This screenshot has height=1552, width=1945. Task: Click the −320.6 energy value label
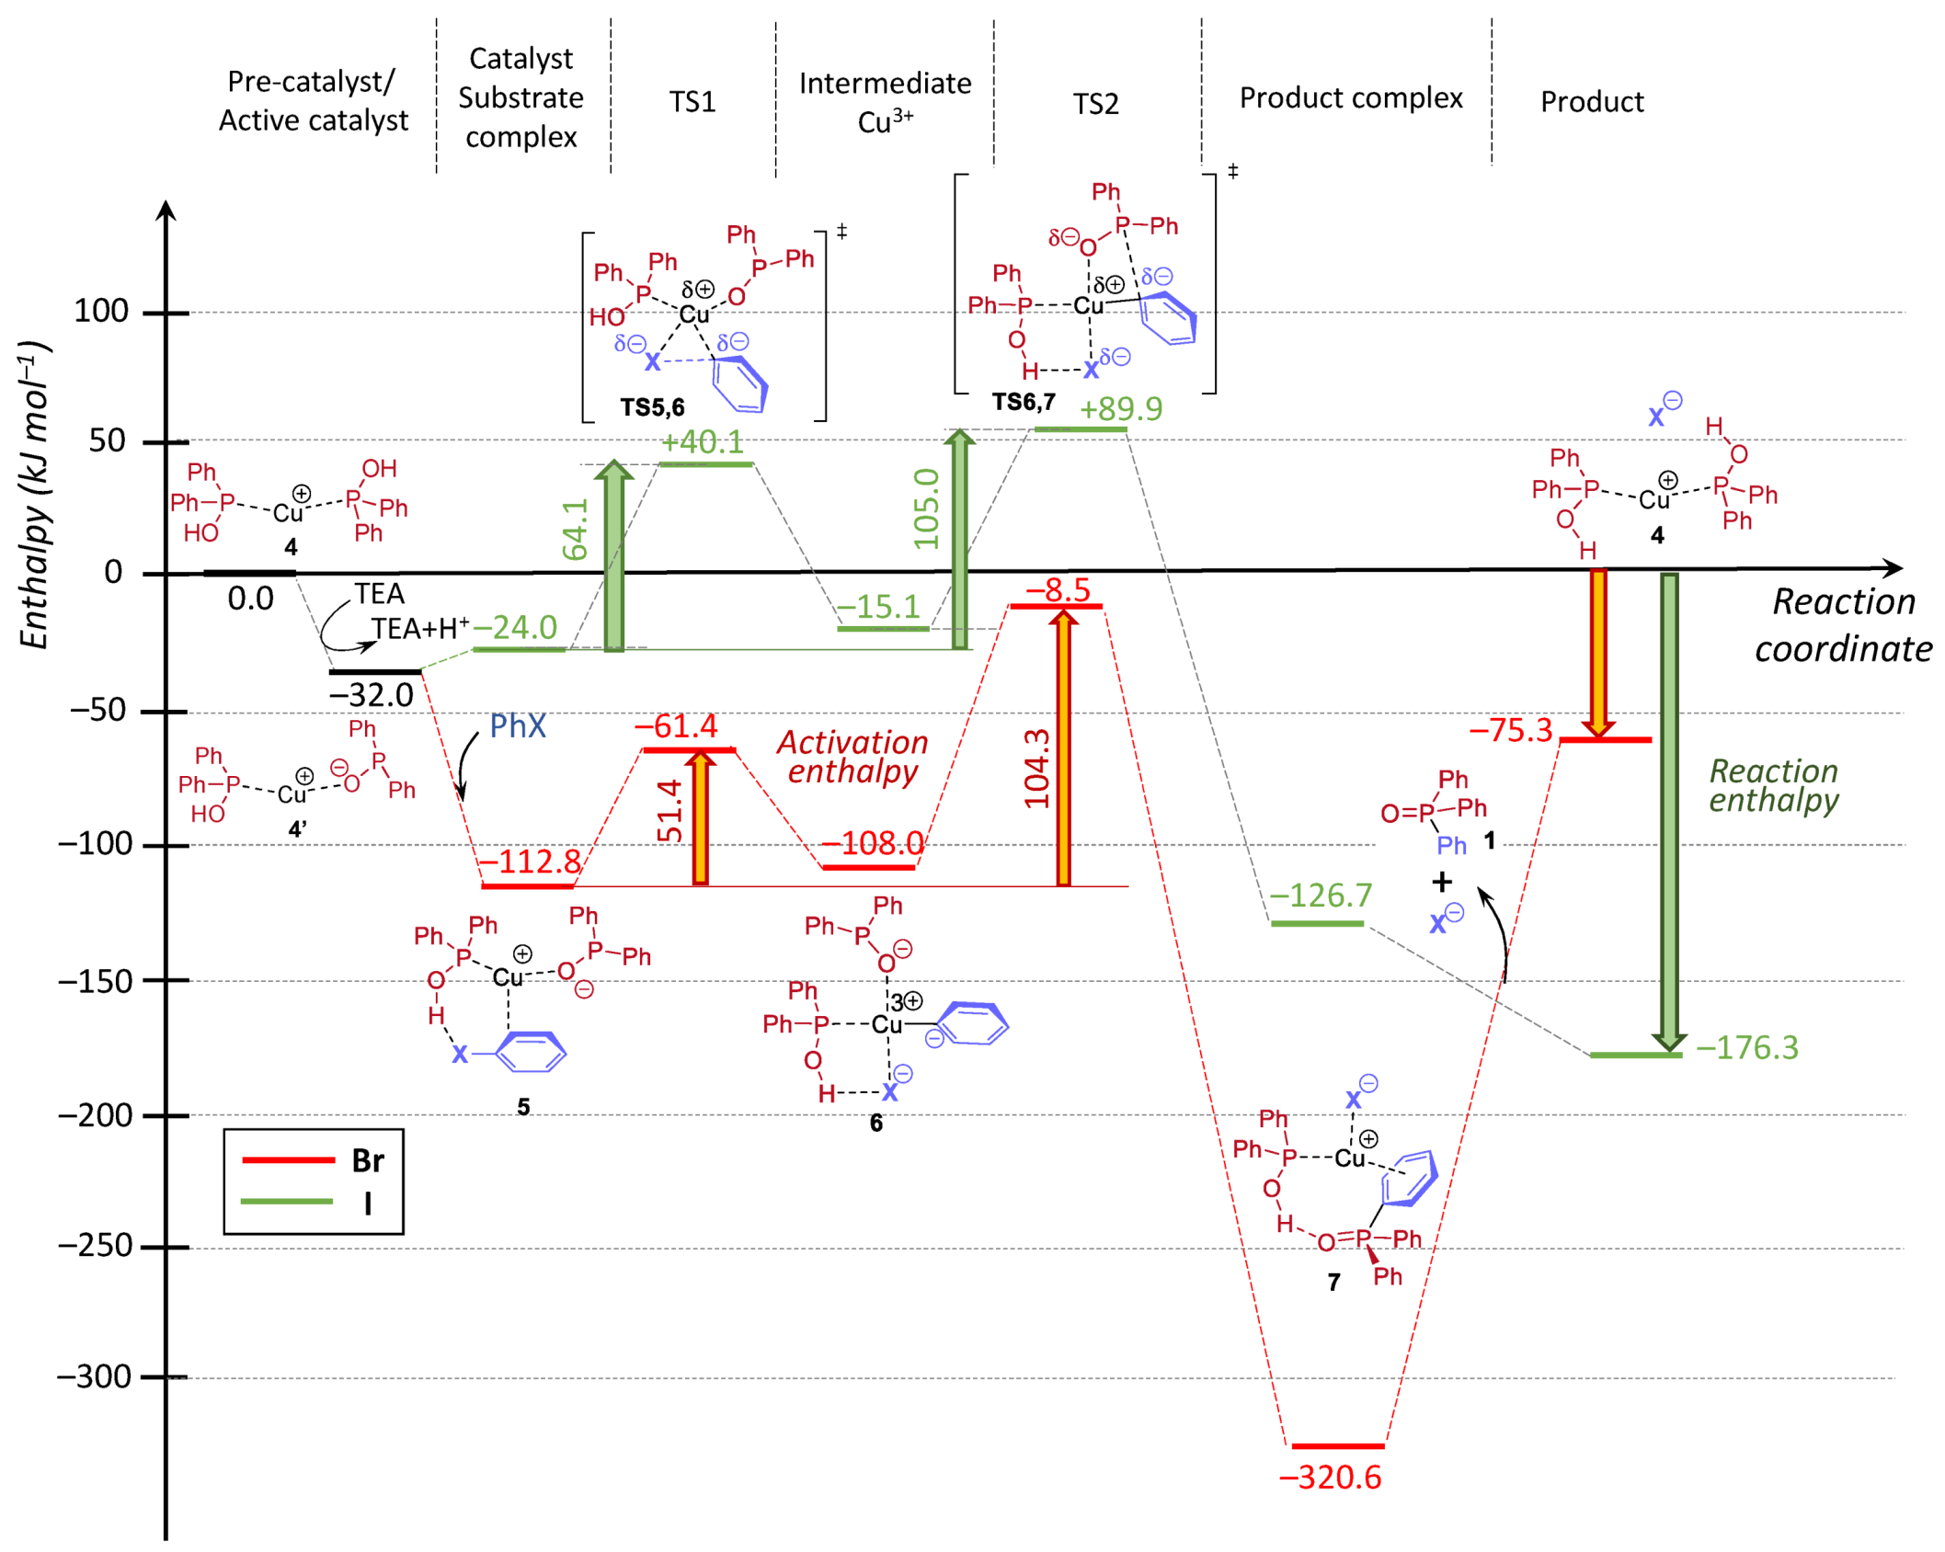point(1329,1477)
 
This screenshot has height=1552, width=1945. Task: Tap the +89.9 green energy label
point(1120,408)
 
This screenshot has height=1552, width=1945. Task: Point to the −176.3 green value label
point(1746,1047)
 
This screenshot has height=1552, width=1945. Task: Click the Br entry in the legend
point(367,1160)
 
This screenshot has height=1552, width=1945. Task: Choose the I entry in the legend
point(367,1203)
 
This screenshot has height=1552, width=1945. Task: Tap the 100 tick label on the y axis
point(100,312)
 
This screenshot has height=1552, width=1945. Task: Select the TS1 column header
point(692,101)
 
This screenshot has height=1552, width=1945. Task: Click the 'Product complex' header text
point(1350,97)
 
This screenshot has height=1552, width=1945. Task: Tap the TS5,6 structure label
point(651,407)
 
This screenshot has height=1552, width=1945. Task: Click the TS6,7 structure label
point(1023,402)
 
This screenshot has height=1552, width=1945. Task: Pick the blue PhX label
point(517,726)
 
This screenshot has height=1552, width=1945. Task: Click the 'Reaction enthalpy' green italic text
point(1772,785)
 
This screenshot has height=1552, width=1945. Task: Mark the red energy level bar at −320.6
point(1337,1446)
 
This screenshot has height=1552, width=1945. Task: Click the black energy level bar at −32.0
point(374,672)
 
